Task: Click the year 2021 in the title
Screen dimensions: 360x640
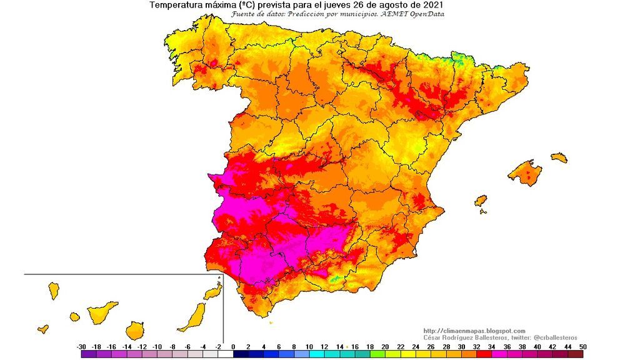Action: click(434, 5)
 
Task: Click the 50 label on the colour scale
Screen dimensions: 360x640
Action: click(582, 346)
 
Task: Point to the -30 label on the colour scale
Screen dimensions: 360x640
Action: click(81, 346)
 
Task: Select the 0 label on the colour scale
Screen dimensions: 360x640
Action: click(233, 346)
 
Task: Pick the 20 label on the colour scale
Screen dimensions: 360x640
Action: click(385, 346)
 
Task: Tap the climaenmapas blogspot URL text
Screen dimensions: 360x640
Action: click(474, 331)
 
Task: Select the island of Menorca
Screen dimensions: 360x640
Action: click(559, 157)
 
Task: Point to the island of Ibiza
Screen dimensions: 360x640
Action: click(480, 201)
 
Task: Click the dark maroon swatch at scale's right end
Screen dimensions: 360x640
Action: click(576, 354)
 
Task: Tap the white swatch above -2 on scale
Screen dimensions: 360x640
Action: click(226, 354)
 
